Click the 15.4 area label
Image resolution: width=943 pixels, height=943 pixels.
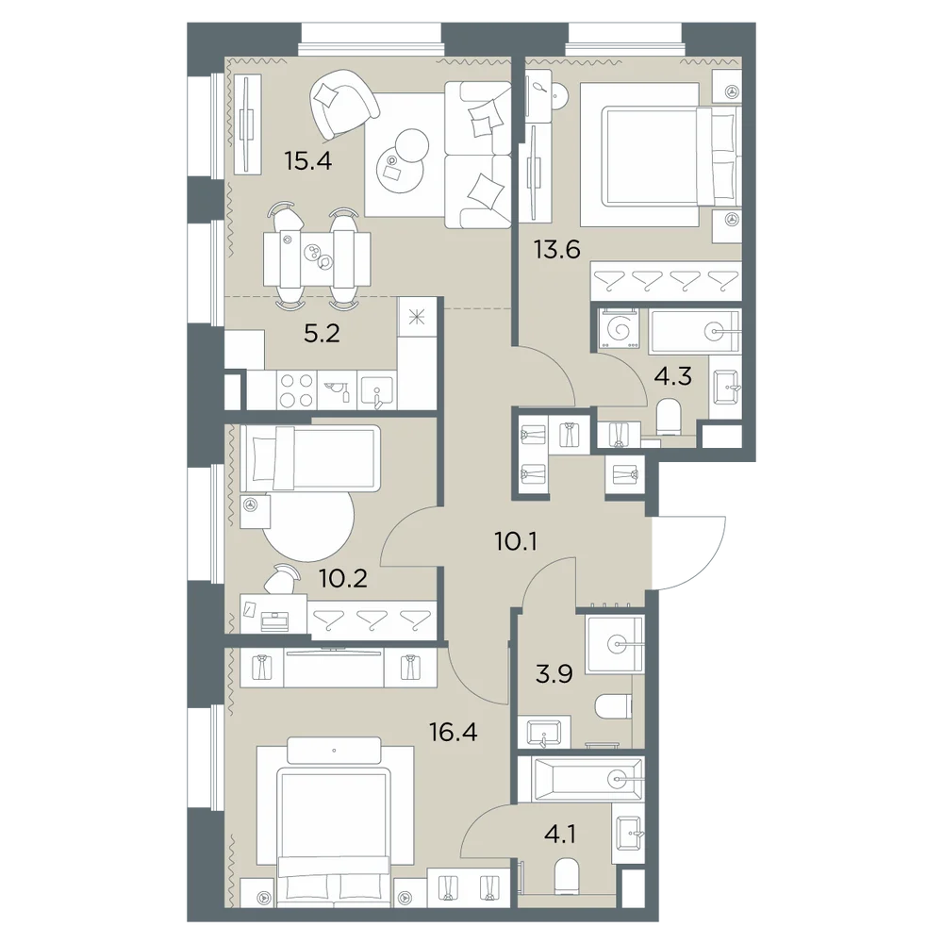coord(308,161)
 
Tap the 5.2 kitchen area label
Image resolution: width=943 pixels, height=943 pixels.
coord(322,333)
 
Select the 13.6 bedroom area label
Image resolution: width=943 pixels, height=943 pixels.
coord(557,248)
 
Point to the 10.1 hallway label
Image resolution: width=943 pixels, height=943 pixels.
coord(516,542)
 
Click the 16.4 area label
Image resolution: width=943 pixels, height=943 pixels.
coord(454,732)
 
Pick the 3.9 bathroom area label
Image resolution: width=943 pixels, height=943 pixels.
coord(554,674)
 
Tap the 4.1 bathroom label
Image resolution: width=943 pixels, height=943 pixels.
coord(560,835)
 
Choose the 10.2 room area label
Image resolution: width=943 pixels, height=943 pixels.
coord(343,579)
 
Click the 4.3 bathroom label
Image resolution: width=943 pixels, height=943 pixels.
coord(673,377)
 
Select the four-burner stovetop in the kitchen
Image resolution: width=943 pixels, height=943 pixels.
coord(297,389)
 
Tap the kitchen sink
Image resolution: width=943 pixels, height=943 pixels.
coord(377,390)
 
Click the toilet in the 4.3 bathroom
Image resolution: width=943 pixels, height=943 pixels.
coord(669,418)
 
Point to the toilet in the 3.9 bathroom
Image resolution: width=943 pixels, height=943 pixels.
coord(614,706)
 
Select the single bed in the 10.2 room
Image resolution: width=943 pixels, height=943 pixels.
coord(310,458)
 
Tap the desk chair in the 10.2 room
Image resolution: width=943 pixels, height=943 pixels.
coord(283,579)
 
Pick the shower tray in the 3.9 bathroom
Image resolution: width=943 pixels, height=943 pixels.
coord(616,644)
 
